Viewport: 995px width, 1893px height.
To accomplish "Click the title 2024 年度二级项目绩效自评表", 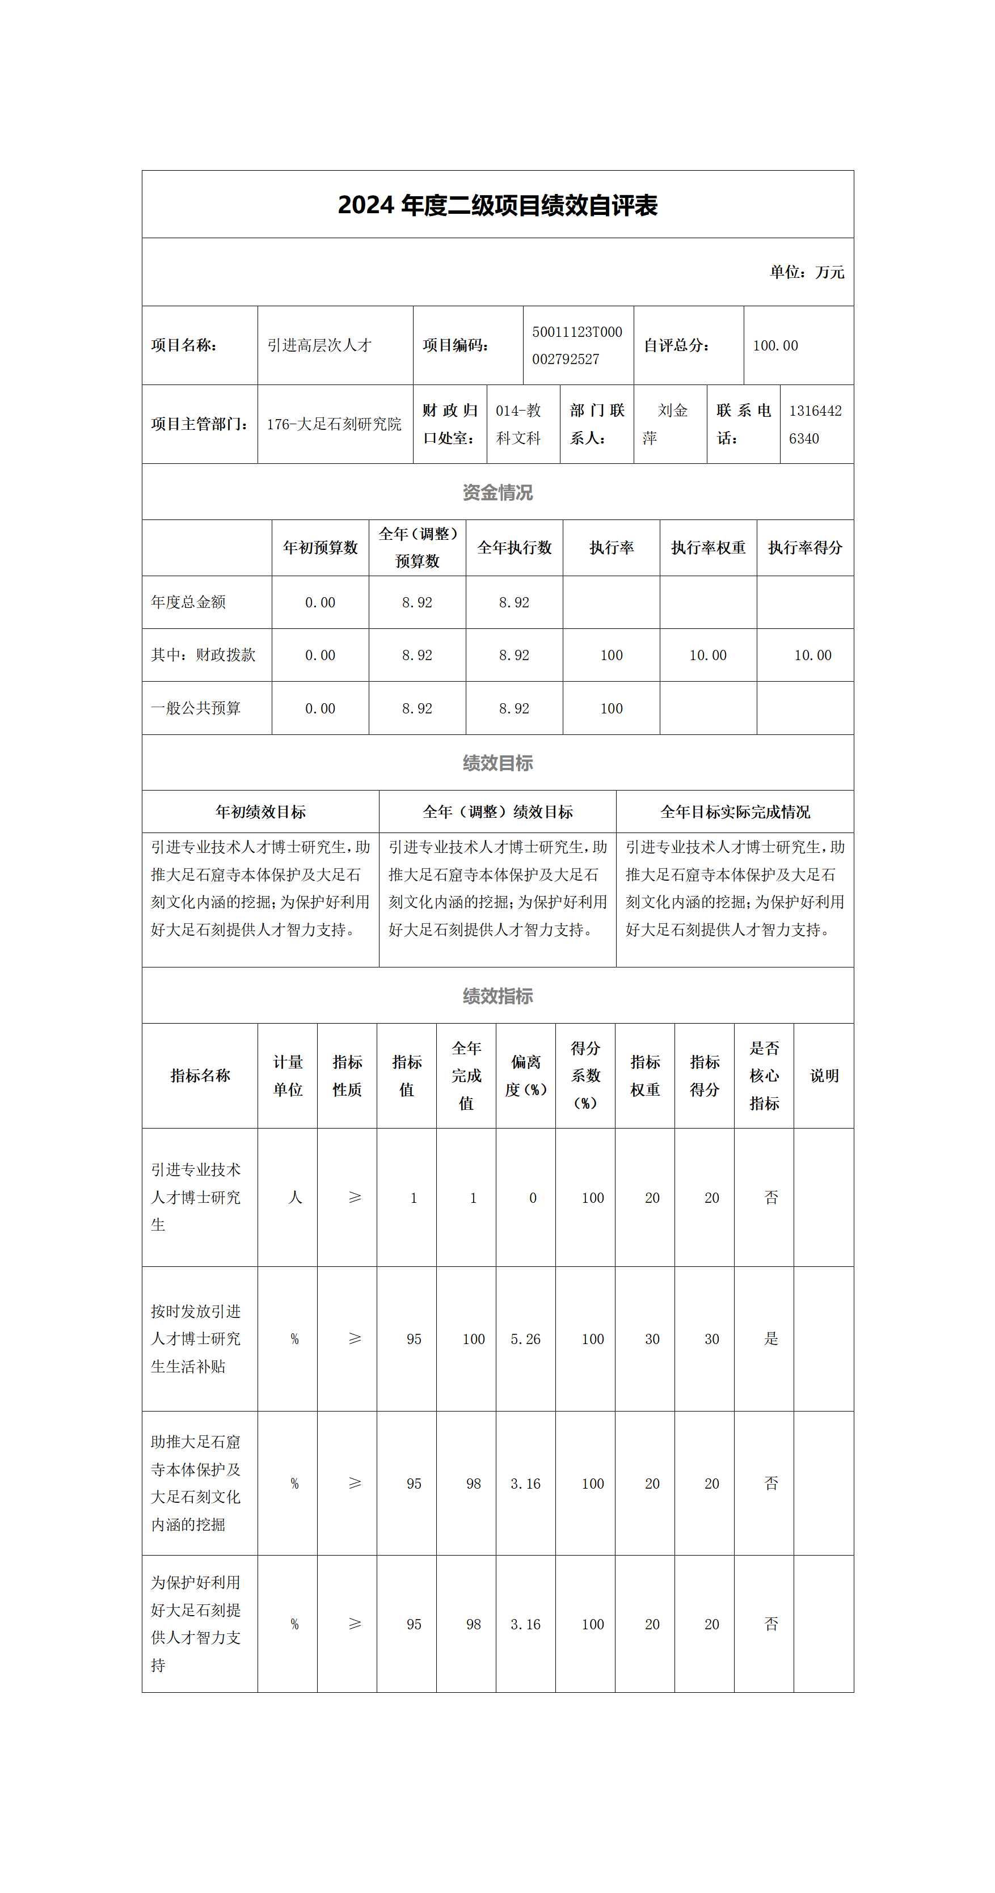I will point(497,205).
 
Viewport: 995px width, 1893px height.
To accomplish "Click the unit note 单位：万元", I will point(806,272).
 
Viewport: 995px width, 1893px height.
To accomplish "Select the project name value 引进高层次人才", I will point(319,345).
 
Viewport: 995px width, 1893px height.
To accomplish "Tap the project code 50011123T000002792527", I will point(577,345).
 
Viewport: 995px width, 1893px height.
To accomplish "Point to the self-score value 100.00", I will point(775,345).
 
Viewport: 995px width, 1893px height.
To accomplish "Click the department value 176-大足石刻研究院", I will point(334,424).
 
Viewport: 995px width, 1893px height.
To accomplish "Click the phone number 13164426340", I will point(815,424).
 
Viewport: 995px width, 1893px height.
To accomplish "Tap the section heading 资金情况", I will point(497,492).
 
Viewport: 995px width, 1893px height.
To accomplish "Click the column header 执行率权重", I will point(707,547).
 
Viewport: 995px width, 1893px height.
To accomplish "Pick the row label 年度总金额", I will point(188,602).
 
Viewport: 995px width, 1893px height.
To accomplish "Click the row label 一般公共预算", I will point(196,708).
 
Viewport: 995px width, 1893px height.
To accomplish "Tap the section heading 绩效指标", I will point(497,996).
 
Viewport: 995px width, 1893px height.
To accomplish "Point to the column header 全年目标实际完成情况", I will point(735,812).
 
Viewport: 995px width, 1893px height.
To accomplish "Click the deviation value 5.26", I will point(525,1339).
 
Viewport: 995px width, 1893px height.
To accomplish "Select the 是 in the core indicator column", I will point(771,1338).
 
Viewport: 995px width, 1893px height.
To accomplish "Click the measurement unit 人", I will point(294,1197).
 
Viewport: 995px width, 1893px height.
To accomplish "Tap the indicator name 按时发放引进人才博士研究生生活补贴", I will point(196,1338).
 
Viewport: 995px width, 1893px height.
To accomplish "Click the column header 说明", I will point(824,1075).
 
